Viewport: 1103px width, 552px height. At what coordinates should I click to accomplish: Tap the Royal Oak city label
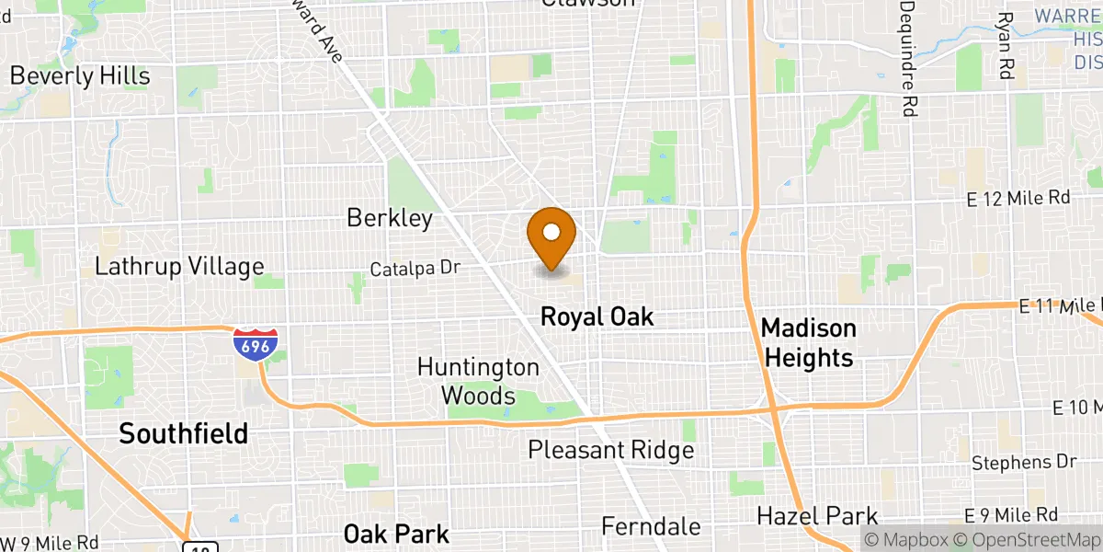pos(597,317)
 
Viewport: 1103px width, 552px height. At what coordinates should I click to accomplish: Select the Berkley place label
pos(389,218)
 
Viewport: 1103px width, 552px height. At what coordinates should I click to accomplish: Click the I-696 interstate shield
pos(250,344)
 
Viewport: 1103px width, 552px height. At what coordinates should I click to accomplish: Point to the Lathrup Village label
pos(179,267)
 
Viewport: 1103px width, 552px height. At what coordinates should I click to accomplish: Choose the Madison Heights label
pos(808,342)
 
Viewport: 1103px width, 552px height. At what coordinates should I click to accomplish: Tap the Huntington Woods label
pos(478,381)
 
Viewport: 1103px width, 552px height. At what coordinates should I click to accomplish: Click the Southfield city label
pos(183,433)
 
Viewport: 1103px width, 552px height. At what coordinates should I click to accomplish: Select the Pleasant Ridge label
pos(610,451)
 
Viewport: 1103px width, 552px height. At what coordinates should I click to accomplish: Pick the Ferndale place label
pos(651,527)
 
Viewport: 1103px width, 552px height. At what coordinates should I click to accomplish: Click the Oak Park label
pos(396,534)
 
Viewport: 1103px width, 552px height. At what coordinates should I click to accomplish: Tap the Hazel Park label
pos(817,516)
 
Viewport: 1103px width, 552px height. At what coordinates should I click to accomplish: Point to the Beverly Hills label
pos(79,75)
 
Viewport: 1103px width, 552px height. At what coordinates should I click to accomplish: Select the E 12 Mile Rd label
pos(1018,198)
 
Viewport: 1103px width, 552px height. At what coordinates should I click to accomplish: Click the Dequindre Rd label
pos(908,57)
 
